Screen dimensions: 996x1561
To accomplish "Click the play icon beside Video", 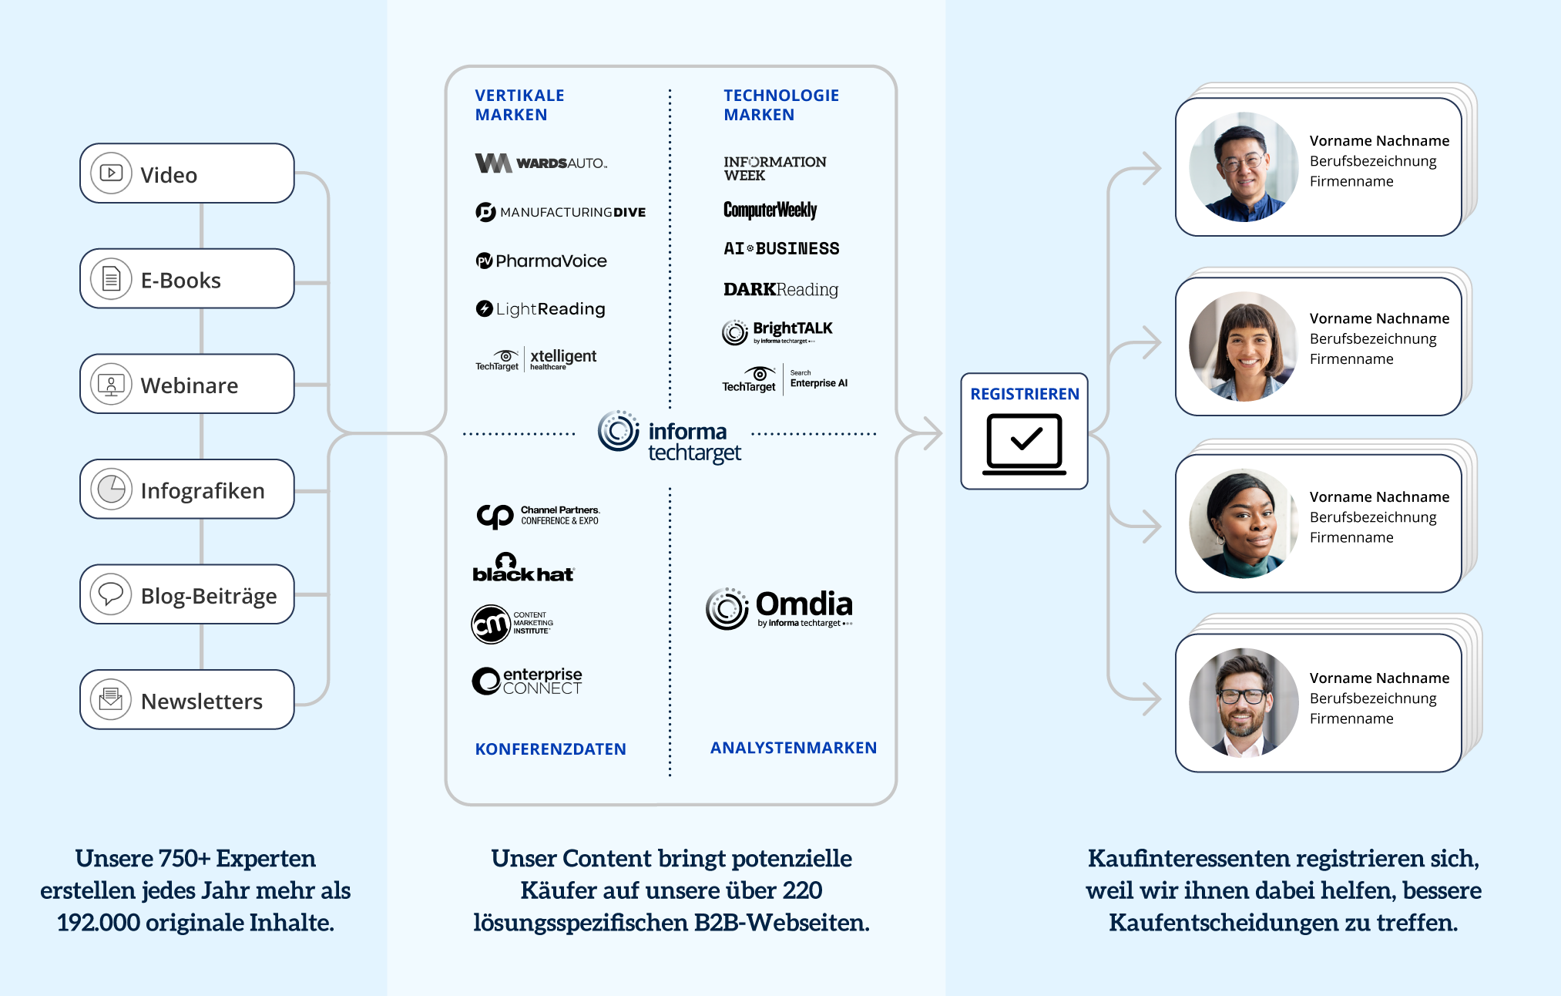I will click(111, 173).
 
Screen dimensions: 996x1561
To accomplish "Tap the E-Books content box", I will click(186, 279).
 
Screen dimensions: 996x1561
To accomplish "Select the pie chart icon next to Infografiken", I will click(111, 489).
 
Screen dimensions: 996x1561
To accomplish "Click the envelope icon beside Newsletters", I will click(111, 700).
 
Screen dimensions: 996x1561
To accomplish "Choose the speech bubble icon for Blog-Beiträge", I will click(111, 594).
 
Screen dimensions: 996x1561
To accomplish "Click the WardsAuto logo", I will click(541, 163).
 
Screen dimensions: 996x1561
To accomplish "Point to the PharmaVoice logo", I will click(541, 261).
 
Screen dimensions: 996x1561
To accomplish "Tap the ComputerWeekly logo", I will click(770, 210).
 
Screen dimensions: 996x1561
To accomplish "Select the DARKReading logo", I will click(780, 289).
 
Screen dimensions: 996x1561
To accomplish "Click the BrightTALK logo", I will click(777, 331).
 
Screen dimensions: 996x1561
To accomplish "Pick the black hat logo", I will click(523, 569).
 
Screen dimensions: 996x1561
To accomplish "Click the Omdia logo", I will click(779, 608).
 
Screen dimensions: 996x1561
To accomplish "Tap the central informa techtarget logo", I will click(670, 436).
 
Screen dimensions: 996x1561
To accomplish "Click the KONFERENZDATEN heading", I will click(550, 749).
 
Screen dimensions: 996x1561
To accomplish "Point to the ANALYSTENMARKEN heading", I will click(793, 747).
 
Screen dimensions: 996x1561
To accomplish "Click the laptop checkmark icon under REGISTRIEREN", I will click(1024, 443).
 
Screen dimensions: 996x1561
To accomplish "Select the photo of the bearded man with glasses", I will click(1243, 702).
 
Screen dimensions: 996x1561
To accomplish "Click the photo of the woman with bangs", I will click(1243, 346).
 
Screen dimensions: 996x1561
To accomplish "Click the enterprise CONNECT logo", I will click(527, 681).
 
